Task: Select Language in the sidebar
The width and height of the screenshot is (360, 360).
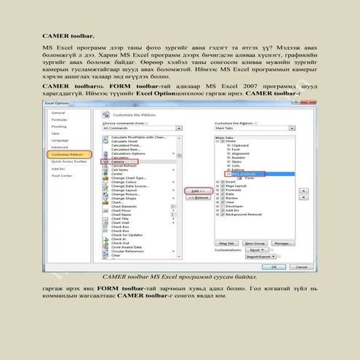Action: coord(60,140)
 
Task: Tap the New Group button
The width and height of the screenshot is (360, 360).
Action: coord(255,242)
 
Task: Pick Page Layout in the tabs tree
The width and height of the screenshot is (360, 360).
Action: coord(240,185)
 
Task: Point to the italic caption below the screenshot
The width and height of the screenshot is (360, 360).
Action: coord(179,277)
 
